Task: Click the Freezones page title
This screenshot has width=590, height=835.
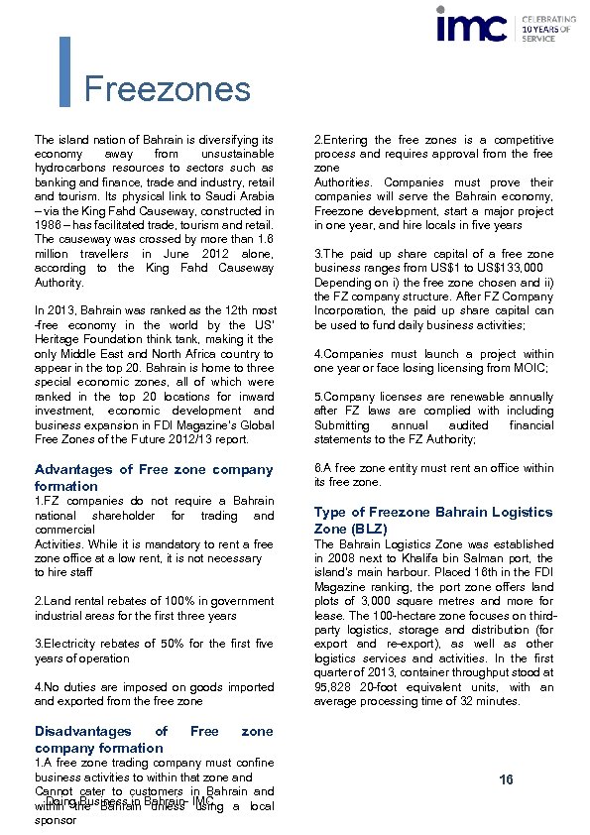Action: [x=167, y=89]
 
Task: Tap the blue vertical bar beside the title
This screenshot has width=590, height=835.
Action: [x=65, y=71]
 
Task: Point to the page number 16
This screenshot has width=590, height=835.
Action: [x=506, y=780]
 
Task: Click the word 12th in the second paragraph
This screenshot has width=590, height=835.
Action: [x=225, y=310]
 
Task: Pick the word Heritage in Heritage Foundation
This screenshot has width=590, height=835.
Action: [x=59, y=339]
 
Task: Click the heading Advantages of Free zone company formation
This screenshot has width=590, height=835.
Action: [x=154, y=477]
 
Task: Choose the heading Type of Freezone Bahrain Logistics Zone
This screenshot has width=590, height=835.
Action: [x=433, y=520]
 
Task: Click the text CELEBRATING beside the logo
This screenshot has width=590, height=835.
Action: [x=548, y=19]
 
